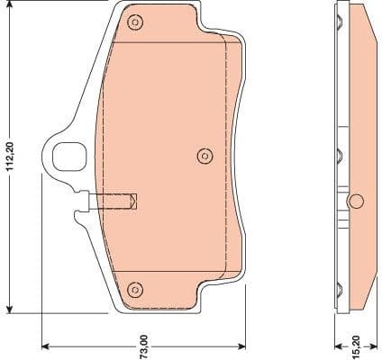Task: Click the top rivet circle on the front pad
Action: [135, 22]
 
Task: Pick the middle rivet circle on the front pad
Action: [205, 157]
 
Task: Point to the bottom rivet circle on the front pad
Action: [135, 289]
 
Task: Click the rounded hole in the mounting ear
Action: [66, 157]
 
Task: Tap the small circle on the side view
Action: [355, 200]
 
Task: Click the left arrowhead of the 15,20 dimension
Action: [335, 345]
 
